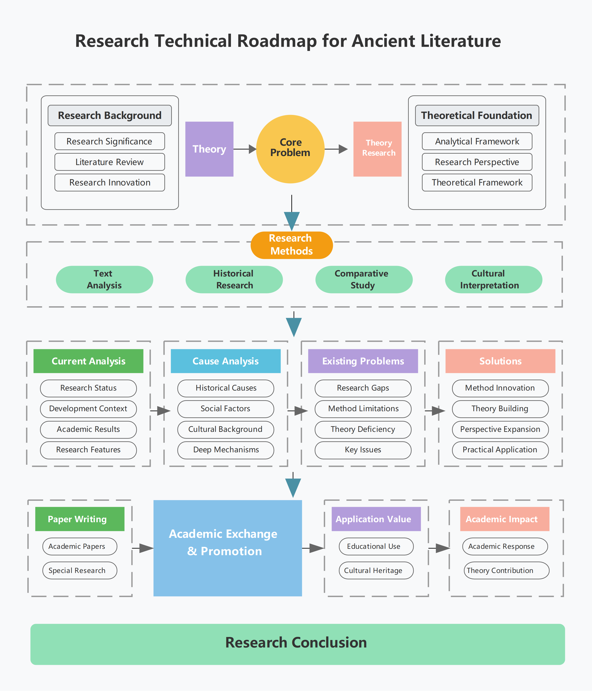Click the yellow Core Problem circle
coord(290,149)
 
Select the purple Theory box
coord(209,149)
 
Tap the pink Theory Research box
coord(377,149)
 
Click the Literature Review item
coord(110,162)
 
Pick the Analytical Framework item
coord(477,141)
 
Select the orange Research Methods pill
coord(292,245)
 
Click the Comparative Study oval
coord(364,280)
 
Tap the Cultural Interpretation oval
coord(494,280)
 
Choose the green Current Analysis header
coord(88,361)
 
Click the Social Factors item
coord(225,409)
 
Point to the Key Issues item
coord(363,450)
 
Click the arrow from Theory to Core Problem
coord(245,149)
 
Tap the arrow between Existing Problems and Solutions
coord(435,411)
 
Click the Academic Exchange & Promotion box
coord(227,548)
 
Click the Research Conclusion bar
coord(298,644)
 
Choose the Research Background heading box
coord(110,115)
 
